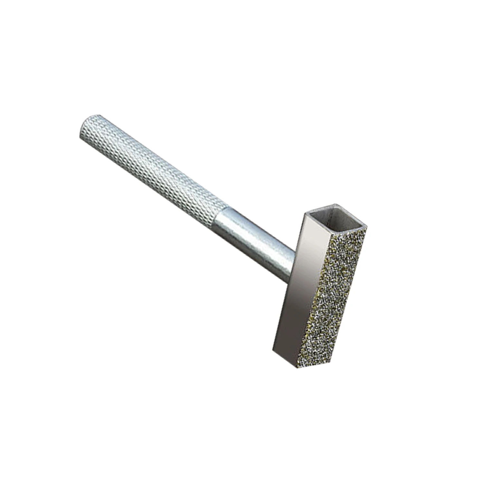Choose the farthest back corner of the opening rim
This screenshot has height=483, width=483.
coord(336,204)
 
